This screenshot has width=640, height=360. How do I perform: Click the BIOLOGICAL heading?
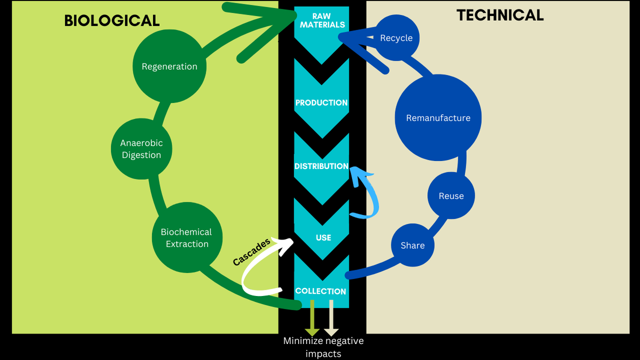(x=112, y=20)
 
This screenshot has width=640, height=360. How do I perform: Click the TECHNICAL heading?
(x=500, y=15)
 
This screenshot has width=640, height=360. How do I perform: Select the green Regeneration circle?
(x=169, y=67)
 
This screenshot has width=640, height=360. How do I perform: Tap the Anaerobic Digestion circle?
(x=141, y=149)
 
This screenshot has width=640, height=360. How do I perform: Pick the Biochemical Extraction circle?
(x=187, y=238)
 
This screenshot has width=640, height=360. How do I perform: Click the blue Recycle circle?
(x=396, y=38)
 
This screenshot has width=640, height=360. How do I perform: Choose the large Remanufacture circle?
(x=438, y=118)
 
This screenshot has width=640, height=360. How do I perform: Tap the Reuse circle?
(x=451, y=196)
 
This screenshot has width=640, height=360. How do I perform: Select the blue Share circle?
(x=412, y=245)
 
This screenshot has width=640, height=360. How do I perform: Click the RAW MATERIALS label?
(x=322, y=20)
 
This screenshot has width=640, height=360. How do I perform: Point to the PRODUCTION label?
(x=322, y=102)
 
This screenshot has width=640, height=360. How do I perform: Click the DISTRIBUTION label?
(x=322, y=166)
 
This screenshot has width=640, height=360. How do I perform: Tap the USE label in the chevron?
(x=323, y=237)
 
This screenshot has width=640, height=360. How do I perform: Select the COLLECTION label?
(x=321, y=291)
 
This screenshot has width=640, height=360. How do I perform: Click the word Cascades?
(x=252, y=252)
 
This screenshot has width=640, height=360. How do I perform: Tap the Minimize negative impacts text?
(x=323, y=347)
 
